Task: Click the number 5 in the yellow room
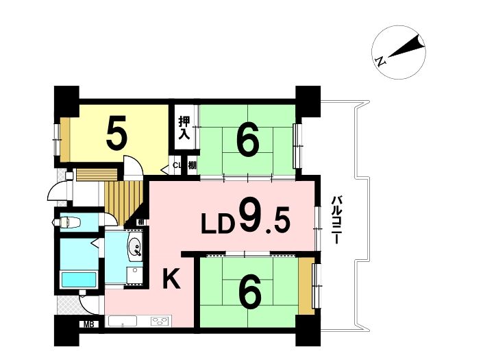pos(116,132)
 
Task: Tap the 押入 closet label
pos(184,128)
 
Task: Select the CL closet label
pos(177,165)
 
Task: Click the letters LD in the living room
pos(216,224)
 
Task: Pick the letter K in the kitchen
pos(171,278)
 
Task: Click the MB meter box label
pos(88,324)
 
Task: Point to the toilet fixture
pos(67,221)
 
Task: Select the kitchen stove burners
pos(160,320)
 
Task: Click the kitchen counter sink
pos(123,321)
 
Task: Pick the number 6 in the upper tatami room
pos(248,139)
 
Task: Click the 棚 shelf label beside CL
pos(193,165)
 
